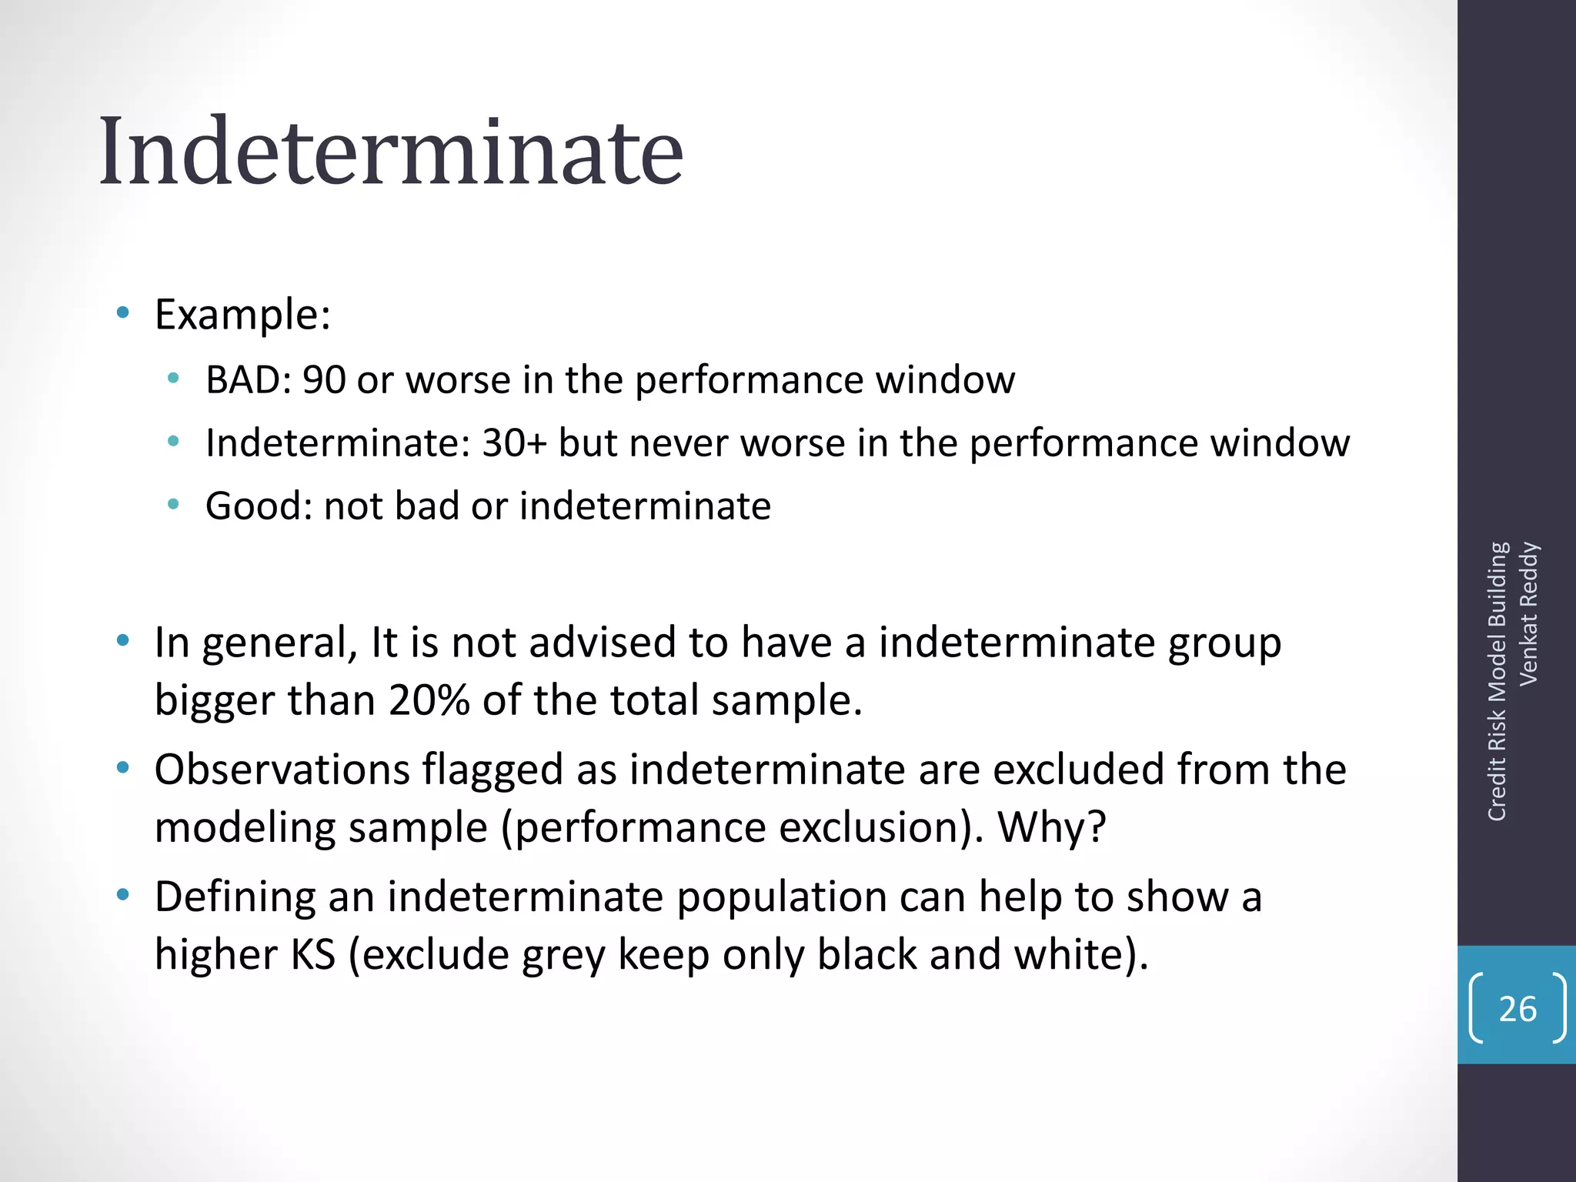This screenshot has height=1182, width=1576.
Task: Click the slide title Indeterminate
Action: click(x=391, y=151)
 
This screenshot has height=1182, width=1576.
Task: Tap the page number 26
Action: click(x=1518, y=1009)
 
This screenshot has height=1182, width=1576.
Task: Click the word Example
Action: click(x=242, y=315)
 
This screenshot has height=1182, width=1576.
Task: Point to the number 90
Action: click(x=324, y=380)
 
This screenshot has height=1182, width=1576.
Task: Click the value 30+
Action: click(x=515, y=443)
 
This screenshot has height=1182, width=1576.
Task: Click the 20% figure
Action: click(x=429, y=700)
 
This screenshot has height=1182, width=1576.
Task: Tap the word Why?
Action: click(x=1051, y=827)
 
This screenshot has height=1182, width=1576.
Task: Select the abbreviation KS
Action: click(x=313, y=954)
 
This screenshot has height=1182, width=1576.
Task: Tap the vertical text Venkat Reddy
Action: click(x=1528, y=613)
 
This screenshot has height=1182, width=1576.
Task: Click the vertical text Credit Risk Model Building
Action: click(x=1497, y=682)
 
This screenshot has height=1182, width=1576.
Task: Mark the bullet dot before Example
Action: click(x=122, y=313)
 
